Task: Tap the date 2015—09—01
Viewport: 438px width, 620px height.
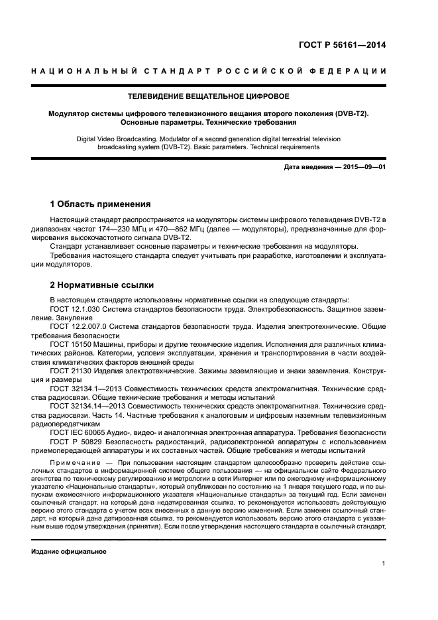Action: pyautogui.click(x=362, y=167)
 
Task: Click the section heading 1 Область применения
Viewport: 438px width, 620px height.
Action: pyautogui.click(x=101, y=204)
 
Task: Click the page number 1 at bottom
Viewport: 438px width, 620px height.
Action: pyautogui.click(x=384, y=564)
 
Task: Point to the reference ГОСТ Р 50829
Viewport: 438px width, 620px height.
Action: pyautogui.click(x=77, y=441)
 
